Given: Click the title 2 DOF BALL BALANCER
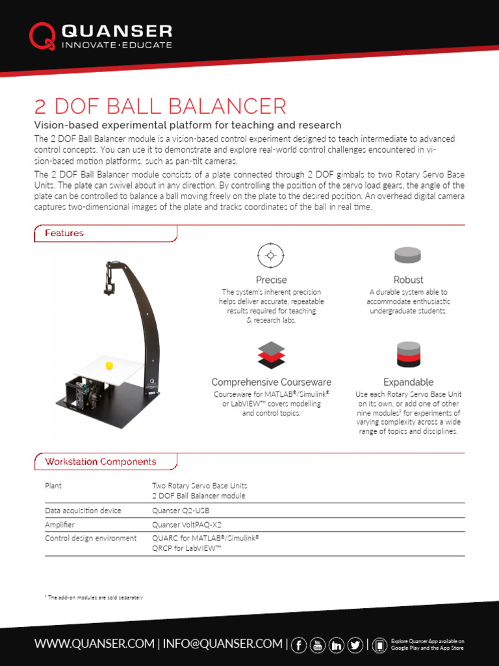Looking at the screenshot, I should coord(160,107).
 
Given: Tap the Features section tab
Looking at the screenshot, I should coord(64,233).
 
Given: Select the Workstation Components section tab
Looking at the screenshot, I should coord(100,462).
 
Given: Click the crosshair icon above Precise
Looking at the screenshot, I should coord(271,255).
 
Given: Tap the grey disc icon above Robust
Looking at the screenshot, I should coord(407,255).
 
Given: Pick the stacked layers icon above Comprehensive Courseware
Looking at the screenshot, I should coord(271,354).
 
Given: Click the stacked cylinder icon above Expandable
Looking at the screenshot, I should coord(408,354).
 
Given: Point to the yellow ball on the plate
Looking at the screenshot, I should coord(109,366).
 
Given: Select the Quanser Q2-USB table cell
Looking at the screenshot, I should coord(181,511).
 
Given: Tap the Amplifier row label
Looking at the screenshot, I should coord(60,524).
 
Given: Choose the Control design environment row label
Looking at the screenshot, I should coord(90,538).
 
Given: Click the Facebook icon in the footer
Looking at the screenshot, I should coord(300,645).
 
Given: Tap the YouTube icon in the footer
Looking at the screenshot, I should coord(318,645).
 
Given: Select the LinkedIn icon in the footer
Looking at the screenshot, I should coord(337,645).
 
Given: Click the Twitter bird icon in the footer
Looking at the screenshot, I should coord(355,645).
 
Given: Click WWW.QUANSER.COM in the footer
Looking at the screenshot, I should coord(94,644).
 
